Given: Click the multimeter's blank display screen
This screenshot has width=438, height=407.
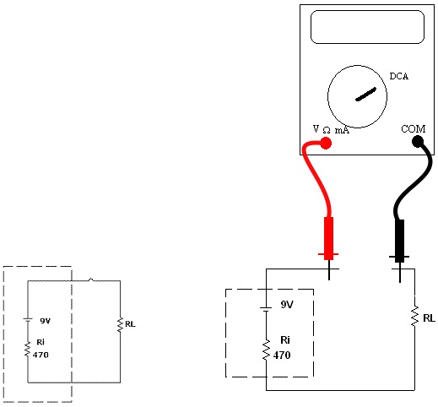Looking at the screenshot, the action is (x=367, y=27).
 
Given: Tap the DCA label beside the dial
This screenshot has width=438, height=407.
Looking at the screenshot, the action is (x=398, y=76).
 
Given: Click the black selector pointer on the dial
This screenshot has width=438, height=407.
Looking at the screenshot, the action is (x=365, y=95).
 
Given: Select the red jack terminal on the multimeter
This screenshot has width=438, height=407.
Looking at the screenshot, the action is (x=326, y=143).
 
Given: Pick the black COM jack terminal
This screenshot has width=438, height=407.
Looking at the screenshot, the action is (x=418, y=142).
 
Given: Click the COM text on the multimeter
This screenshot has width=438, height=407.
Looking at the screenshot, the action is (x=413, y=129).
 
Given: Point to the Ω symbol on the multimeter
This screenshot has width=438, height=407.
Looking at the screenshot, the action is (x=327, y=130).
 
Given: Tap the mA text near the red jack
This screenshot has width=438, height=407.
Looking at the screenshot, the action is (x=342, y=130).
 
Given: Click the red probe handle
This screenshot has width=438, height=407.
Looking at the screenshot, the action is (x=328, y=238).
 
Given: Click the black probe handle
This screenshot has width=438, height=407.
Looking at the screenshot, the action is (x=399, y=241).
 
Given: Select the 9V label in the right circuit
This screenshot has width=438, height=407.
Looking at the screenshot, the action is (x=287, y=304).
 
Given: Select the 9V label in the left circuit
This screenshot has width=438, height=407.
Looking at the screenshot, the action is (x=45, y=321).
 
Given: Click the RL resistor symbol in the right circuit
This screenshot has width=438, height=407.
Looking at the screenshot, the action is (x=414, y=317).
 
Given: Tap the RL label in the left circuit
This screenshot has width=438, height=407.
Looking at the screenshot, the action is (x=130, y=324).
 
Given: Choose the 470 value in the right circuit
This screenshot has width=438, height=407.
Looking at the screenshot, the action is (x=282, y=355).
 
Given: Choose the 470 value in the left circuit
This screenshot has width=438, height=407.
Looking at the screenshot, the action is (x=41, y=355).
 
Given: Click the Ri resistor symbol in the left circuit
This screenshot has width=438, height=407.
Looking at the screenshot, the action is (x=27, y=350).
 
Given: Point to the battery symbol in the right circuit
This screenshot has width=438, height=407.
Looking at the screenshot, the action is (x=266, y=305).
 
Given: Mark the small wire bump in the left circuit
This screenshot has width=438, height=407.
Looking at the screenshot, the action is (x=91, y=279).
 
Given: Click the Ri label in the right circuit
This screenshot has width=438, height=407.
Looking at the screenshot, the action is (x=285, y=340).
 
